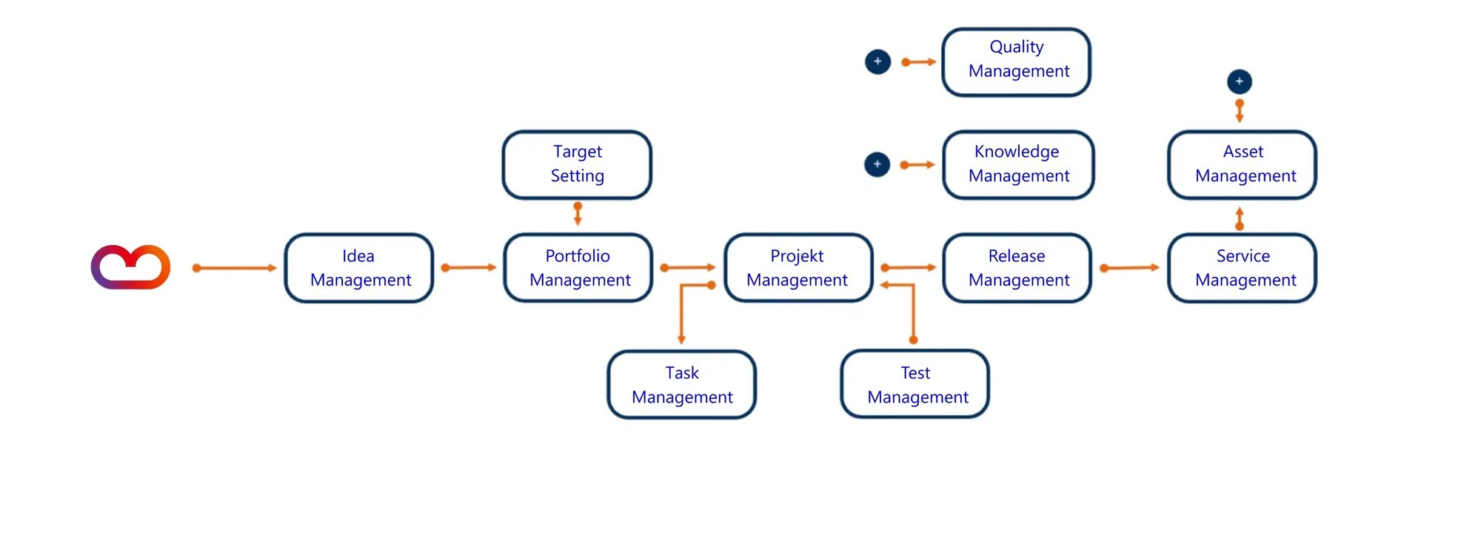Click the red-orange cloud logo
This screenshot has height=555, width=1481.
click(x=130, y=267)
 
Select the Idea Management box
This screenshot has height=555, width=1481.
click(x=359, y=268)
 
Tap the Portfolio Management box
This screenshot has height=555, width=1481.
click(x=578, y=268)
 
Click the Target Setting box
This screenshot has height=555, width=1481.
click(x=577, y=164)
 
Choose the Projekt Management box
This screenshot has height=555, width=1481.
click(x=798, y=268)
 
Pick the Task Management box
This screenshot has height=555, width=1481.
click(x=682, y=385)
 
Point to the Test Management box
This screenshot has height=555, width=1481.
click(x=915, y=385)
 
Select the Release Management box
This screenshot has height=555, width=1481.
click(x=1017, y=268)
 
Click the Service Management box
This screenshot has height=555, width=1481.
click(x=1243, y=268)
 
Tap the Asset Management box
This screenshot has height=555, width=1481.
click(x=1243, y=164)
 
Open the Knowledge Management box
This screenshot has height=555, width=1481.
click(x=1018, y=164)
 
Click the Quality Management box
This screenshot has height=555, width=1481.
click(x=1017, y=62)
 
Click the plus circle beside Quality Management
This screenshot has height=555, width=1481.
click(x=877, y=61)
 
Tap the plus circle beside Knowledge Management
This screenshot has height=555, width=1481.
click(x=877, y=164)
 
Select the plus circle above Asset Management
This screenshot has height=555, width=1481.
click(x=1240, y=81)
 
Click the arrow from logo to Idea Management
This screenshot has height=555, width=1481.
click(x=234, y=268)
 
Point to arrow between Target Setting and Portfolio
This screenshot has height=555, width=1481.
click(x=578, y=213)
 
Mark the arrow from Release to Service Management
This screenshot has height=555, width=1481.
click(x=1129, y=268)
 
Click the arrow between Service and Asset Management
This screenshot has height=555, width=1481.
click(x=1240, y=218)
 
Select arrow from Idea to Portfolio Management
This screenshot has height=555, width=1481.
click(x=468, y=268)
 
